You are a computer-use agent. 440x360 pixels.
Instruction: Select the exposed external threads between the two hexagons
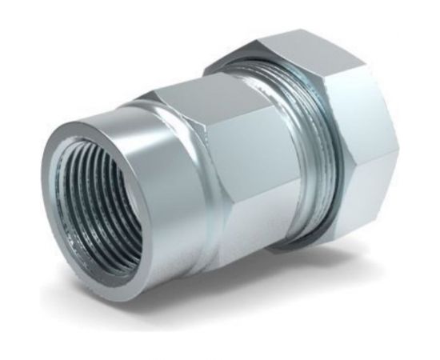(316, 160)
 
